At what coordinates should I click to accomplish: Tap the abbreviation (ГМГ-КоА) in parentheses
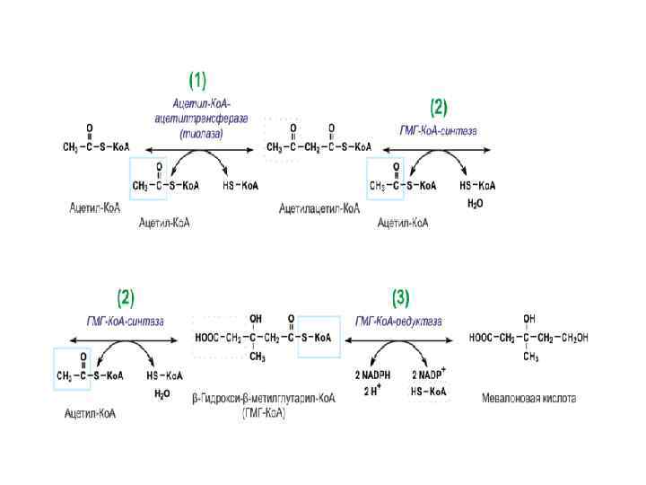coord(264,412)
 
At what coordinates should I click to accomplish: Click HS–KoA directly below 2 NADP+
coord(429,392)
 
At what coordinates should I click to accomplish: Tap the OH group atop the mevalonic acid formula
coord(529,319)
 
